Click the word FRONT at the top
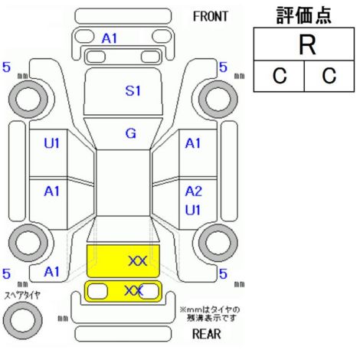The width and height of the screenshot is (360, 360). [x=211, y=17]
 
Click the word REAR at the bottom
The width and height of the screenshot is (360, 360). [x=207, y=334]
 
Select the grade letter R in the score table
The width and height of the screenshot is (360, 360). [x=307, y=45]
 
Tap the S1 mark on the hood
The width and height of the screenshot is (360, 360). [x=133, y=91]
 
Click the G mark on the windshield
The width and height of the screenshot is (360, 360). [x=131, y=133]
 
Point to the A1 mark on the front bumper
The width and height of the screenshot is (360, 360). [x=110, y=39]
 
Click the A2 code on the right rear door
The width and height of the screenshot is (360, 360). [x=194, y=191]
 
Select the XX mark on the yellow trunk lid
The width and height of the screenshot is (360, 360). [x=138, y=261]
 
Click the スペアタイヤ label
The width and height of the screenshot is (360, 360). [x=22, y=296]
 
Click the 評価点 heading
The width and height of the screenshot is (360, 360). [x=304, y=15]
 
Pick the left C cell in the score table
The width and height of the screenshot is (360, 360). [x=280, y=76]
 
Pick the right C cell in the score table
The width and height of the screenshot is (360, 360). [x=329, y=76]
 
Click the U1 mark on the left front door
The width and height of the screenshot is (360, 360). [x=51, y=143]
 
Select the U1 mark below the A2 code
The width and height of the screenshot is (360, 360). [x=193, y=210]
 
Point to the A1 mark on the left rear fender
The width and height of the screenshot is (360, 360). [x=51, y=272]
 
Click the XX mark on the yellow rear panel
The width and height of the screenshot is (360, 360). [x=134, y=291]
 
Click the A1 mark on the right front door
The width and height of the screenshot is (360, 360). [x=193, y=143]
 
